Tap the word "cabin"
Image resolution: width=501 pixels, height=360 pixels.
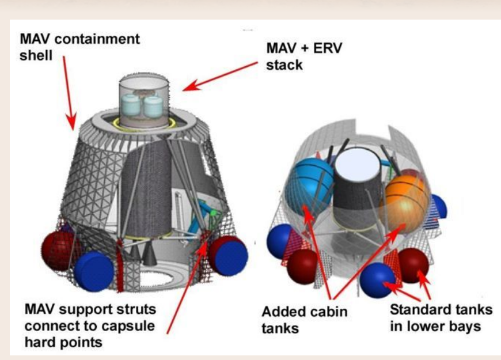click(329, 312)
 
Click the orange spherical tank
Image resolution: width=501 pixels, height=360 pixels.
click(407, 194)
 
